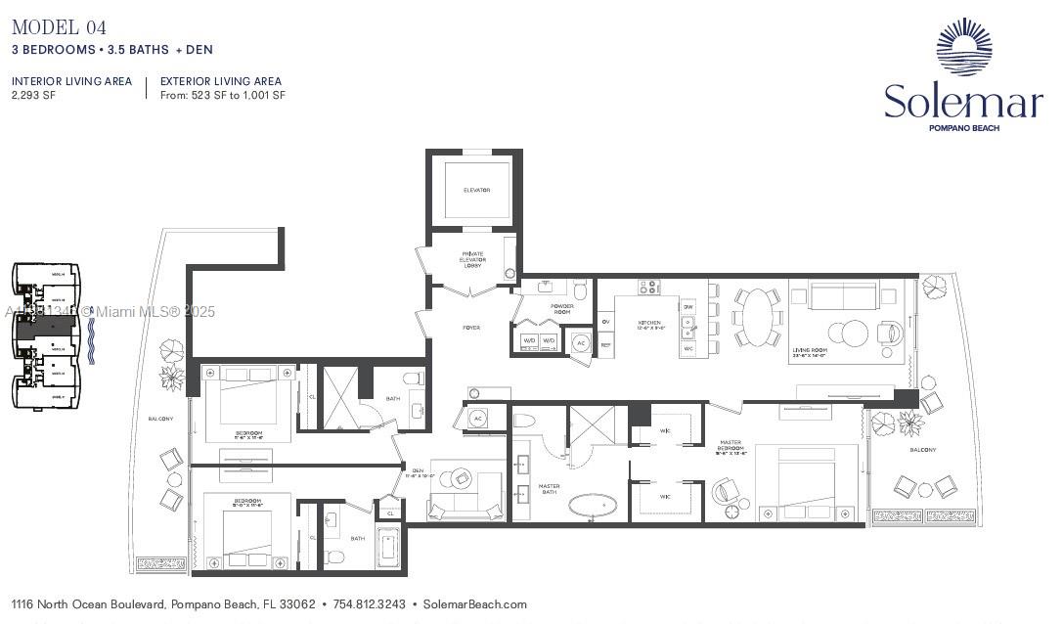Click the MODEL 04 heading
[59, 27]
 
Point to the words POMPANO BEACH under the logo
[963, 128]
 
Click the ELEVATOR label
[476, 190]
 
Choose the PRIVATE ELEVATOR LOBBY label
[473, 259]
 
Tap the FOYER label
[471, 328]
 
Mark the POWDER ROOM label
[561, 309]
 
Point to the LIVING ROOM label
[811, 349]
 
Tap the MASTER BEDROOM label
[731, 447]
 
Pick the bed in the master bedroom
[807, 480]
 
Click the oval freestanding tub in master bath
[594, 506]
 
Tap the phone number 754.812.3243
[369, 604]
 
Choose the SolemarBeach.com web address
[474, 604]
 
